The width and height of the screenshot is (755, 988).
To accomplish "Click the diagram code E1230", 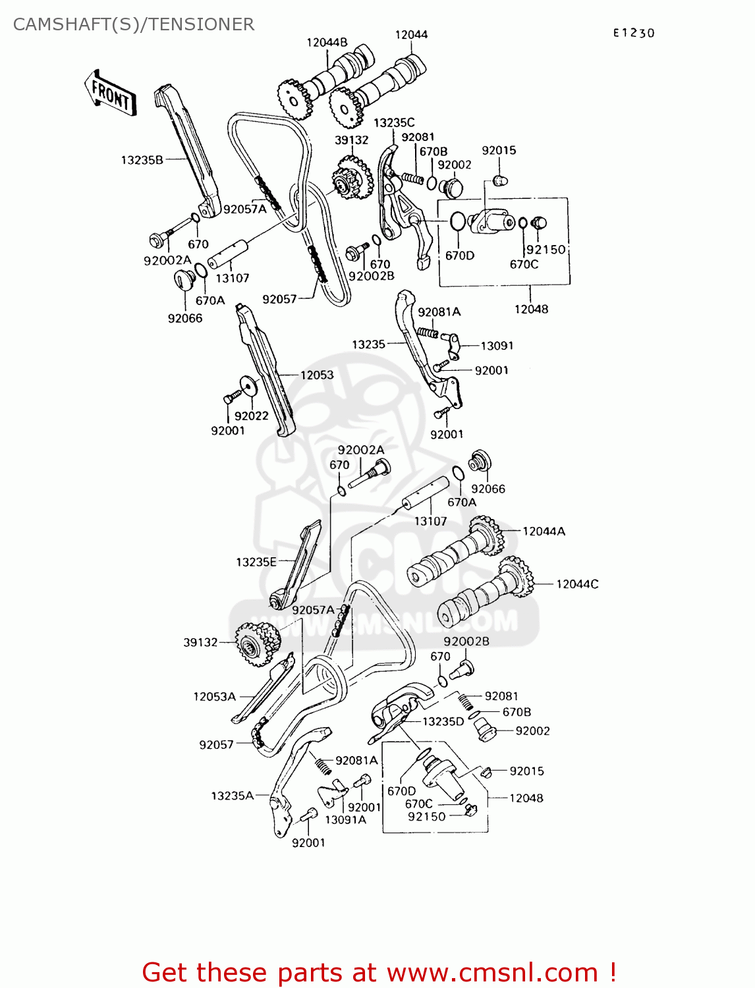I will (633, 33).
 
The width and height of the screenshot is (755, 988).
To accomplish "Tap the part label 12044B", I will (327, 43).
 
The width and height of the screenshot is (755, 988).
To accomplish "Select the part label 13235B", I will (142, 159).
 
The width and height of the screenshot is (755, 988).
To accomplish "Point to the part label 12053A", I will (214, 696).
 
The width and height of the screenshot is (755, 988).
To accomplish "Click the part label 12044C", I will (577, 584).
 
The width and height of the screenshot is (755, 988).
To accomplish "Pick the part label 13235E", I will (256, 562).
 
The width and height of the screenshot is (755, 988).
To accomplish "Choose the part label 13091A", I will (345, 819).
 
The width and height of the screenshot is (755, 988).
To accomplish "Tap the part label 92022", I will (252, 416).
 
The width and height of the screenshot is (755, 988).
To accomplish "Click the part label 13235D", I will (443, 721).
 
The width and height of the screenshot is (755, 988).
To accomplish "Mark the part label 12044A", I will (544, 531).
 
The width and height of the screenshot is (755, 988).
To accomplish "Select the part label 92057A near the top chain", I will (244, 209).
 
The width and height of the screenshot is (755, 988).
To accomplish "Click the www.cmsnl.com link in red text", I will (492, 972).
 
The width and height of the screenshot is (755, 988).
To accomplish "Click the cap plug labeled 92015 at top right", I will (502, 179).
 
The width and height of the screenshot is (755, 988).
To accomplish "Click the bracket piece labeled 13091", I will (453, 343).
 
